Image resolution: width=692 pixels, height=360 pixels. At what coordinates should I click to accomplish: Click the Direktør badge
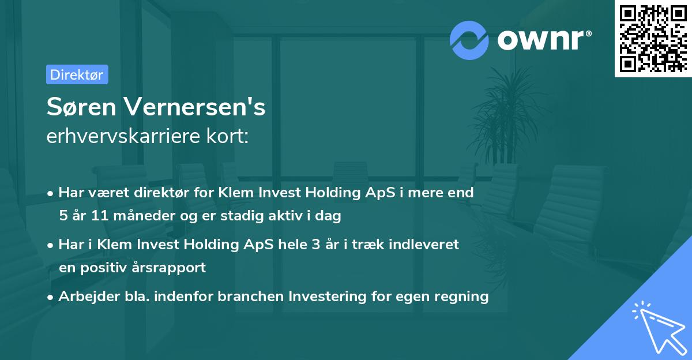pyautogui.click(x=77, y=74)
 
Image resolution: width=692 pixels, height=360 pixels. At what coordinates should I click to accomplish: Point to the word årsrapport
pyautogui.click(x=171, y=268)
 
